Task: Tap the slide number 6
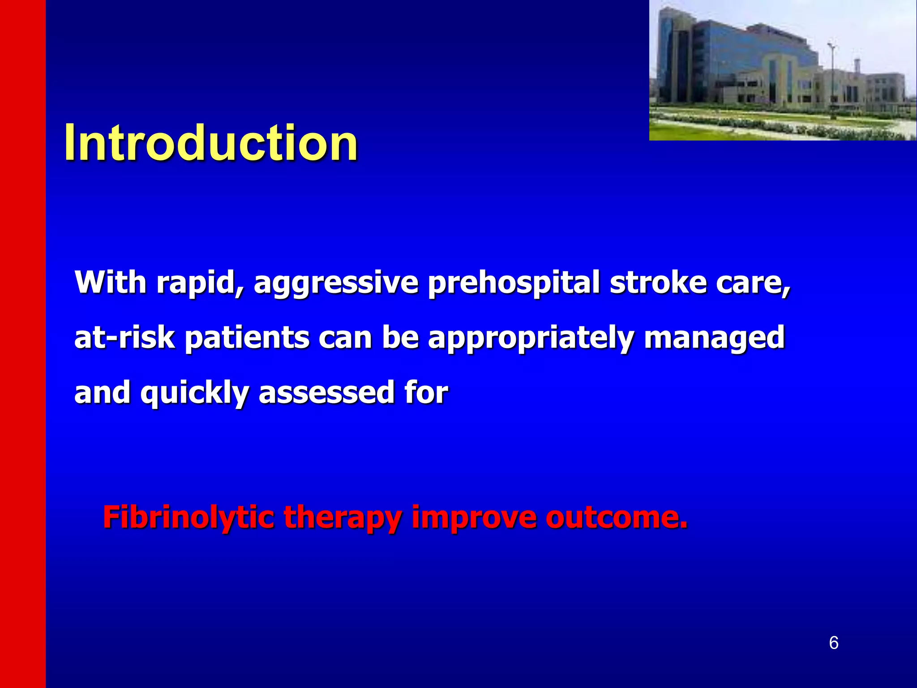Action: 833,643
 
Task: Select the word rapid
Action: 200,283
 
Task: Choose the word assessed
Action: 326,392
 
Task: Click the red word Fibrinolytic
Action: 188,518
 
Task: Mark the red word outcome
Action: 616,518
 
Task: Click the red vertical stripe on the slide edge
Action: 22,344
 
